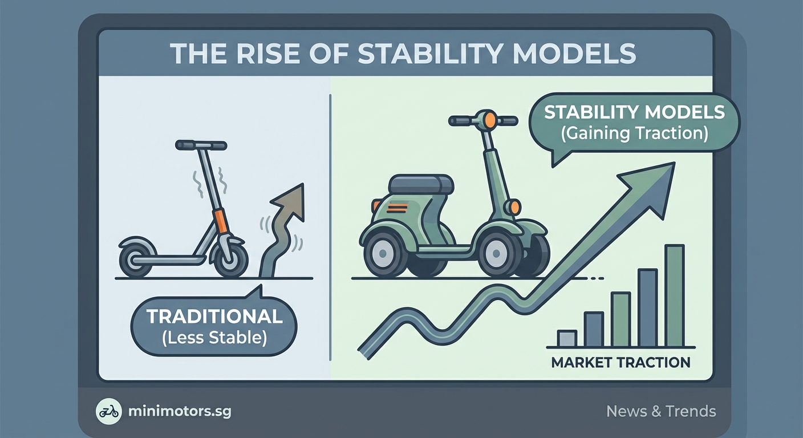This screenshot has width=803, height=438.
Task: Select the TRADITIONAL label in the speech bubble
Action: [x=214, y=317]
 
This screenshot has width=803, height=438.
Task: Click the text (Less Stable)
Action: [x=214, y=338]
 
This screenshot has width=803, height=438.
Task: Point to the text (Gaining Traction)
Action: [x=634, y=133]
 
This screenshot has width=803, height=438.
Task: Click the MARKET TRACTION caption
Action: [x=620, y=362]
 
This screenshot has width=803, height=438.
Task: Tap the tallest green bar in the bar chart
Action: [x=674, y=295]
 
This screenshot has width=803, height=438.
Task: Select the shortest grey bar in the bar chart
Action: [x=566, y=339]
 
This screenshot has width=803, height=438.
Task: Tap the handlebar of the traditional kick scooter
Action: [x=201, y=145]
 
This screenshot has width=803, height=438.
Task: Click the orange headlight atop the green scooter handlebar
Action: [x=489, y=119]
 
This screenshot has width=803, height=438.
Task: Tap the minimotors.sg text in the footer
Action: [x=181, y=411]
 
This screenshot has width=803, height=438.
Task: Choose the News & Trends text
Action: [x=661, y=411]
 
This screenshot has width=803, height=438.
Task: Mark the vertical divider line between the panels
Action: [x=331, y=228]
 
